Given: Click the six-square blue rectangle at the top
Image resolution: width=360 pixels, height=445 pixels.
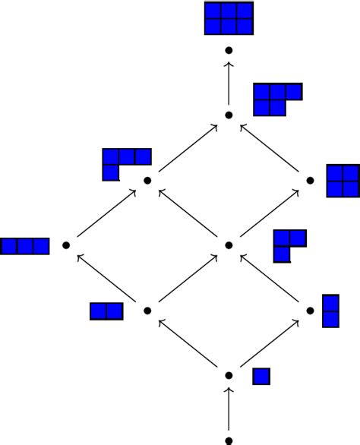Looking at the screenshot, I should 229,18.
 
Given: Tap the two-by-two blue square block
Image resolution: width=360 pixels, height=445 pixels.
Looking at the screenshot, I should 343,180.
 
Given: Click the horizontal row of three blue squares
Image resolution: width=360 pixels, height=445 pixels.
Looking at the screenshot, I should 25,246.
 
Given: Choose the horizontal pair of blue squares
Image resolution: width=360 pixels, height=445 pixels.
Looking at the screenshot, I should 106,311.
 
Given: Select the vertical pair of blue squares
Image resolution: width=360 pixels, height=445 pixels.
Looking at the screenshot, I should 330,310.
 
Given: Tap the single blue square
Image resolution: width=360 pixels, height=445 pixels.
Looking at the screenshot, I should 261,376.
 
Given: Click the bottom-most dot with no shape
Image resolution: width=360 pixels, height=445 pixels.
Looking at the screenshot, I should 229,440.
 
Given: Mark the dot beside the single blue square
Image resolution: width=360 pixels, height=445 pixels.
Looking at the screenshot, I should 229,375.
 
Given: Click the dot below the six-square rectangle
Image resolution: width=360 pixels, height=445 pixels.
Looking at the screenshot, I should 229,50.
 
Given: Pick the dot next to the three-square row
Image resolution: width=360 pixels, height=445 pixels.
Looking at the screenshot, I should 66,245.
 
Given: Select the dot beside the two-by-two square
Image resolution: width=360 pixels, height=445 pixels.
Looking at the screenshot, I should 310,181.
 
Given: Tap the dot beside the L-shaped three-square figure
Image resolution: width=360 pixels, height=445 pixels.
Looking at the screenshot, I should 229,245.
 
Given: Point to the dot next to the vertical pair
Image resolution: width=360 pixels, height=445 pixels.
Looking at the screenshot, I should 310,311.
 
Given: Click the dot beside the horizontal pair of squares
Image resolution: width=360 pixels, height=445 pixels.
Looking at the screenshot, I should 147,311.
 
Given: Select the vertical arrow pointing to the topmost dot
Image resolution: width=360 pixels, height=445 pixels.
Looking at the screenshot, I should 229,83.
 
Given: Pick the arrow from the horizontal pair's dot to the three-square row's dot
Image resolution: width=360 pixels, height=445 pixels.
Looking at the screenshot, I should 107,278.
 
